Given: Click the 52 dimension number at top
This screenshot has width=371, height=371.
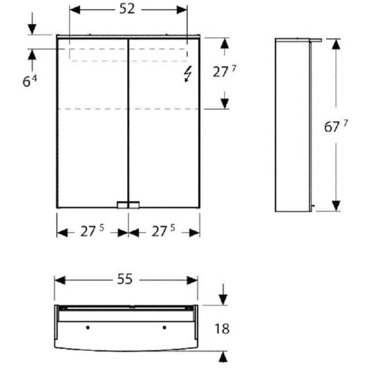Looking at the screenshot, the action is [x=127, y=9].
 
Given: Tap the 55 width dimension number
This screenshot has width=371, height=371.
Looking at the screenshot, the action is [x=125, y=280].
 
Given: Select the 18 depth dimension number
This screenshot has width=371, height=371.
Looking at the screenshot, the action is [x=222, y=329].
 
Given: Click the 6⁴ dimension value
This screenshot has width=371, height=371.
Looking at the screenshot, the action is [x=30, y=81].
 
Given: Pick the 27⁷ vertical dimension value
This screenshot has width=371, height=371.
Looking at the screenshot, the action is [x=224, y=71].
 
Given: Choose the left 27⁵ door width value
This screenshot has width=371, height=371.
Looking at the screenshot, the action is [x=92, y=231].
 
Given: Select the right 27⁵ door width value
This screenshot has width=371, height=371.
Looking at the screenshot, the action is [x=163, y=231].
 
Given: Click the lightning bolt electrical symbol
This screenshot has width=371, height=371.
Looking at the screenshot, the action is [x=188, y=74].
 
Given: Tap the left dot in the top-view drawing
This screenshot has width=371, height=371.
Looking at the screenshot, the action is [x=88, y=327].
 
